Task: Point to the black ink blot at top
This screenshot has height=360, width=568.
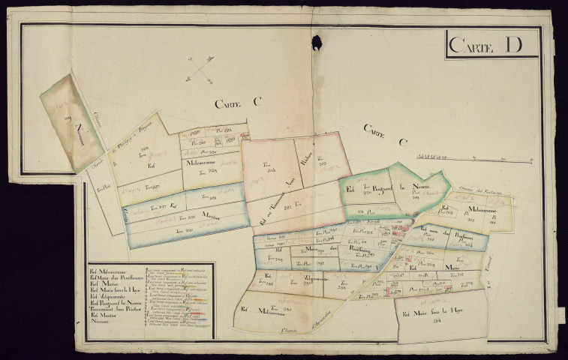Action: pyautogui.click(x=317, y=43)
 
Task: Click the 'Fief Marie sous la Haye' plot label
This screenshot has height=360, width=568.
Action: pyautogui.click(x=435, y=314)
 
